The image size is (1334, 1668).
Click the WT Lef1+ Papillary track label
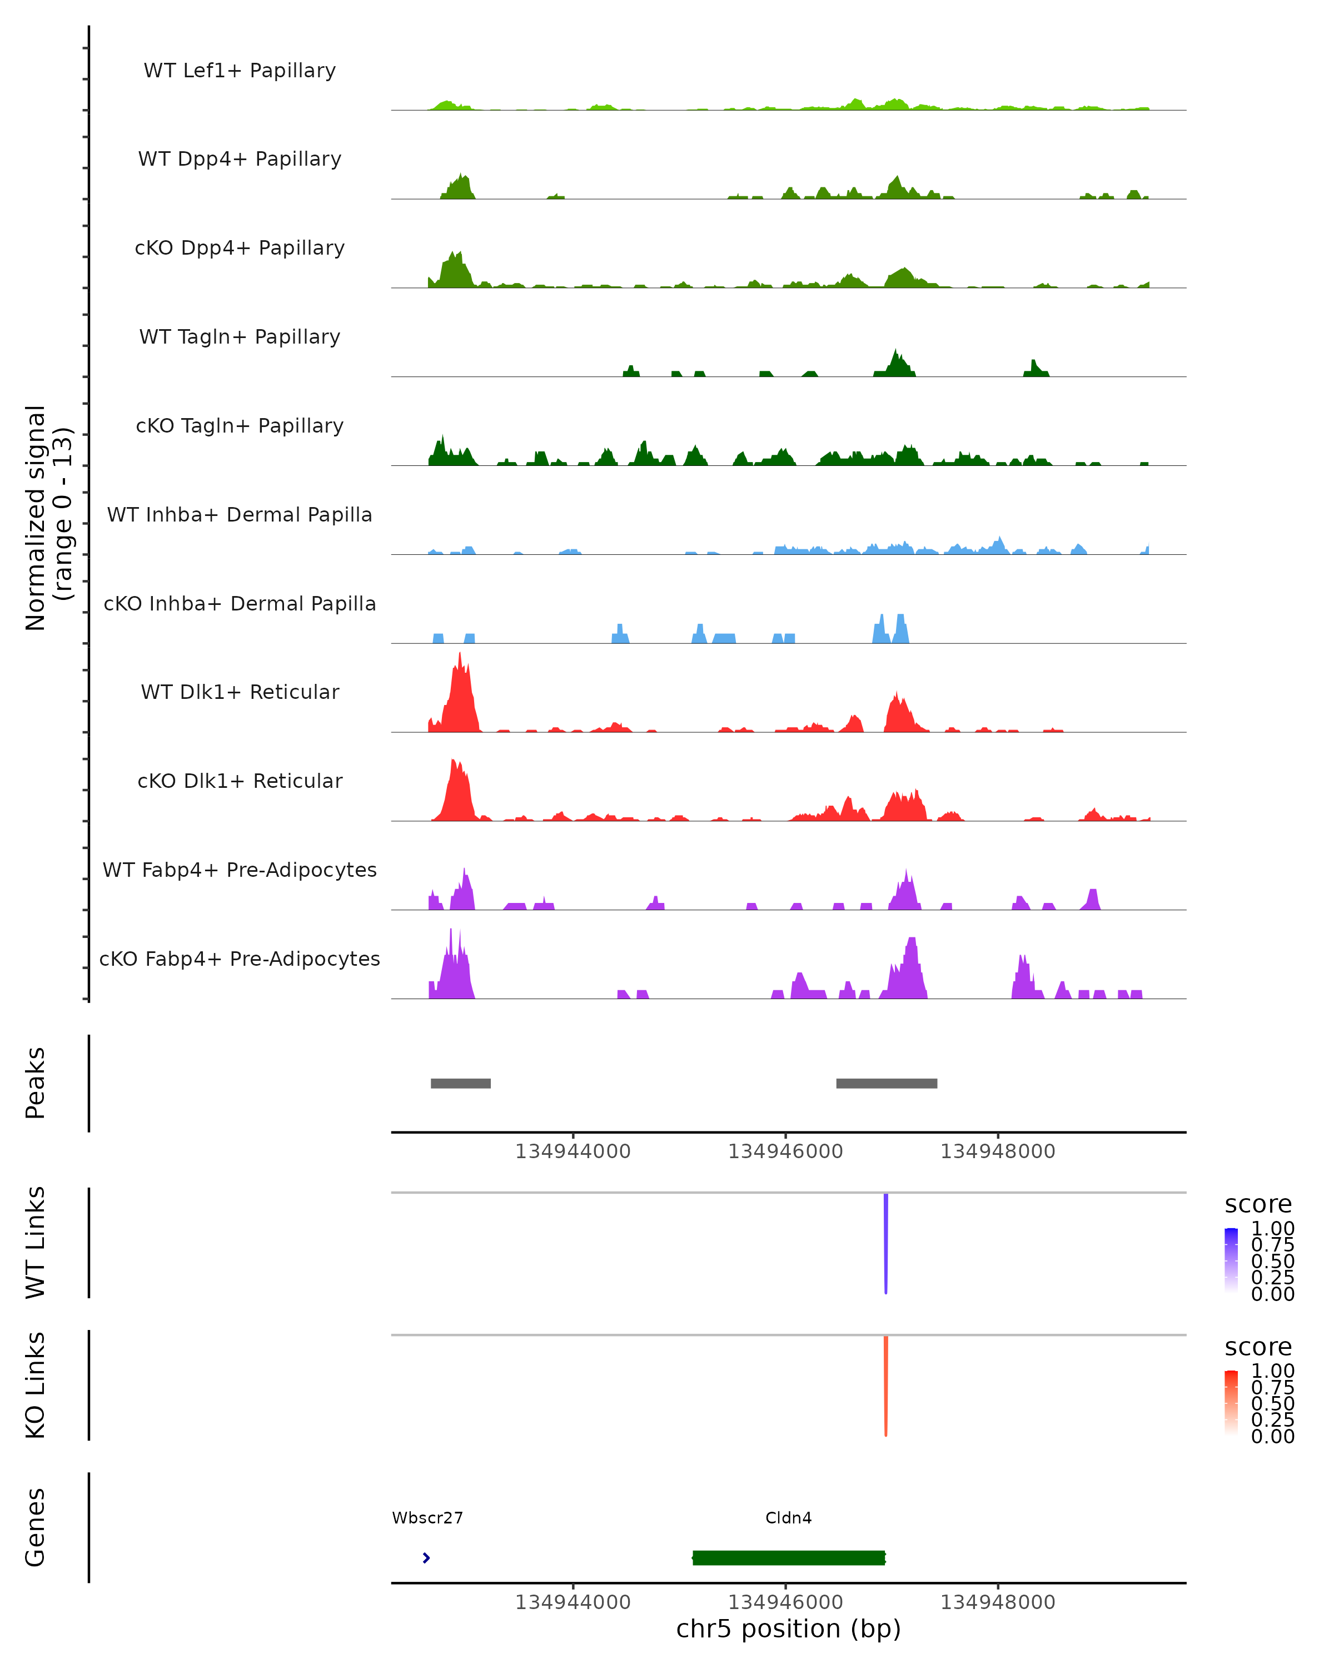point(240,71)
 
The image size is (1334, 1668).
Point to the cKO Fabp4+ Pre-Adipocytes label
point(240,959)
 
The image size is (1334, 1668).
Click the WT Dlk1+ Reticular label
point(240,692)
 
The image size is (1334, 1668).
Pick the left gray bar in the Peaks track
point(460,1083)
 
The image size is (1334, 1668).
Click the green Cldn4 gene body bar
point(788,1557)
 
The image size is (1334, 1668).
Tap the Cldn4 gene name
point(788,1518)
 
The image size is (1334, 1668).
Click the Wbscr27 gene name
point(427,1518)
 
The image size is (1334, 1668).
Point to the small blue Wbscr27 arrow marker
point(426,1557)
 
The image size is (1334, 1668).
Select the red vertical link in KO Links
point(885,1385)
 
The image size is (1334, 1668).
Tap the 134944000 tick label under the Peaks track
point(573,1151)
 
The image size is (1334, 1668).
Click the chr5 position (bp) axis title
point(788,1629)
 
